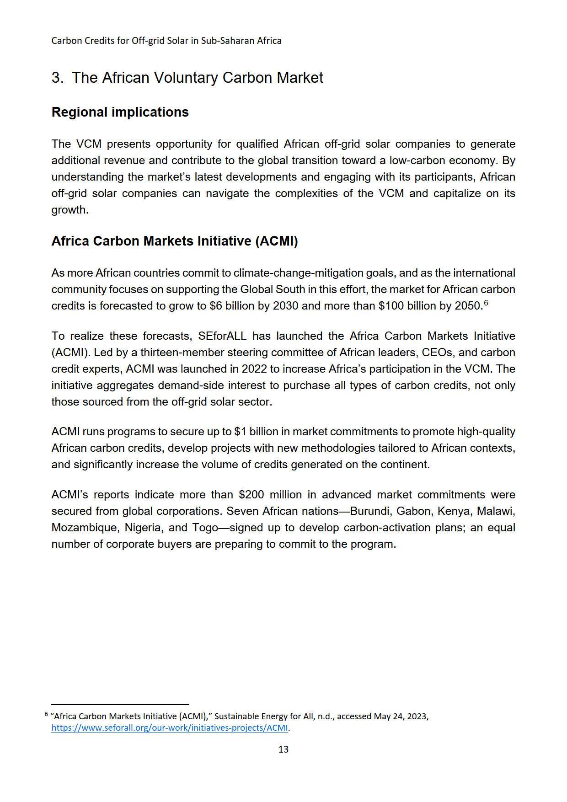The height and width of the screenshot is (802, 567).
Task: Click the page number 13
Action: (x=283, y=749)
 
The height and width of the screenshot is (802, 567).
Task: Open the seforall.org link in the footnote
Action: (x=170, y=727)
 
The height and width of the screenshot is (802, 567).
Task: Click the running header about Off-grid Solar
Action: (x=166, y=41)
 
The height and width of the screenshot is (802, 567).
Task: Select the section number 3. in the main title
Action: (x=57, y=78)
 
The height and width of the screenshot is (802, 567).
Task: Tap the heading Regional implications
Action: (x=120, y=112)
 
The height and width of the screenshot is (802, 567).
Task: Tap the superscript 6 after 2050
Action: (x=486, y=303)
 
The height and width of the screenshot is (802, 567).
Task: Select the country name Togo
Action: (x=205, y=528)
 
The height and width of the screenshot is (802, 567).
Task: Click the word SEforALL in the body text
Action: (x=222, y=336)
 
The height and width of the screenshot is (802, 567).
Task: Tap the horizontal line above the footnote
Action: (x=120, y=705)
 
